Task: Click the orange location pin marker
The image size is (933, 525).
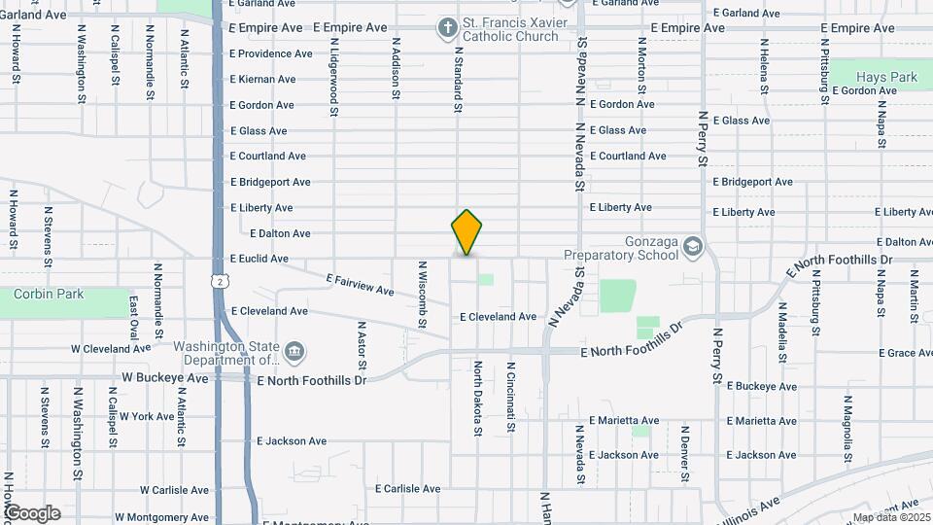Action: click(x=466, y=231)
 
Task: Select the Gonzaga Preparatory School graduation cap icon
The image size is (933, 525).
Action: click(x=692, y=245)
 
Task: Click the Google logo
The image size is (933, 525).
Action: click(x=31, y=513)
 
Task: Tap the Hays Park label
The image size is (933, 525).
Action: click(x=886, y=77)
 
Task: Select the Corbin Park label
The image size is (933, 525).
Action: click(x=49, y=295)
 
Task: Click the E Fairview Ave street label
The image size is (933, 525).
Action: click(x=361, y=285)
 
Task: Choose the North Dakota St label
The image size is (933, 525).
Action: click(x=478, y=393)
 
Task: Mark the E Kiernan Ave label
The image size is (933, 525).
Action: click(x=262, y=80)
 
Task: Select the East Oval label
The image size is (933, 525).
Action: click(x=134, y=318)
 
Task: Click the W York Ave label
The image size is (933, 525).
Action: click(x=148, y=416)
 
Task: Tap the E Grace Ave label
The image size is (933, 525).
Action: click(x=905, y=354)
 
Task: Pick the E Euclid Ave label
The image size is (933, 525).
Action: click(x=259, y=260)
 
